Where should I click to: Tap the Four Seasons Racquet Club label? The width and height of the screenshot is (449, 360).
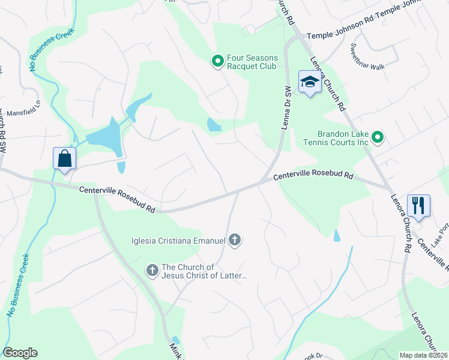tap(252, 62)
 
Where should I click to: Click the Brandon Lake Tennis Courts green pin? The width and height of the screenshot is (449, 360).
tap(378, 138)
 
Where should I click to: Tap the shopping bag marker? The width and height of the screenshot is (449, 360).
tap(65, 159)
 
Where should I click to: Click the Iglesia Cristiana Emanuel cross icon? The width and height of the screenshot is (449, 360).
tap(235, 241)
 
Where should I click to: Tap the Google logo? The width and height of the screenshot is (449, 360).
tap(20, 353)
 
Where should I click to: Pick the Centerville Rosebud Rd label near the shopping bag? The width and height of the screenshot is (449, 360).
tap(118, 199)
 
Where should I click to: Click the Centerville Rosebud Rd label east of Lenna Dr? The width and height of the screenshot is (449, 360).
tap(313, 177)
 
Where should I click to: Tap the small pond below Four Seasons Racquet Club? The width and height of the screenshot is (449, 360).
tap(214, 125)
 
